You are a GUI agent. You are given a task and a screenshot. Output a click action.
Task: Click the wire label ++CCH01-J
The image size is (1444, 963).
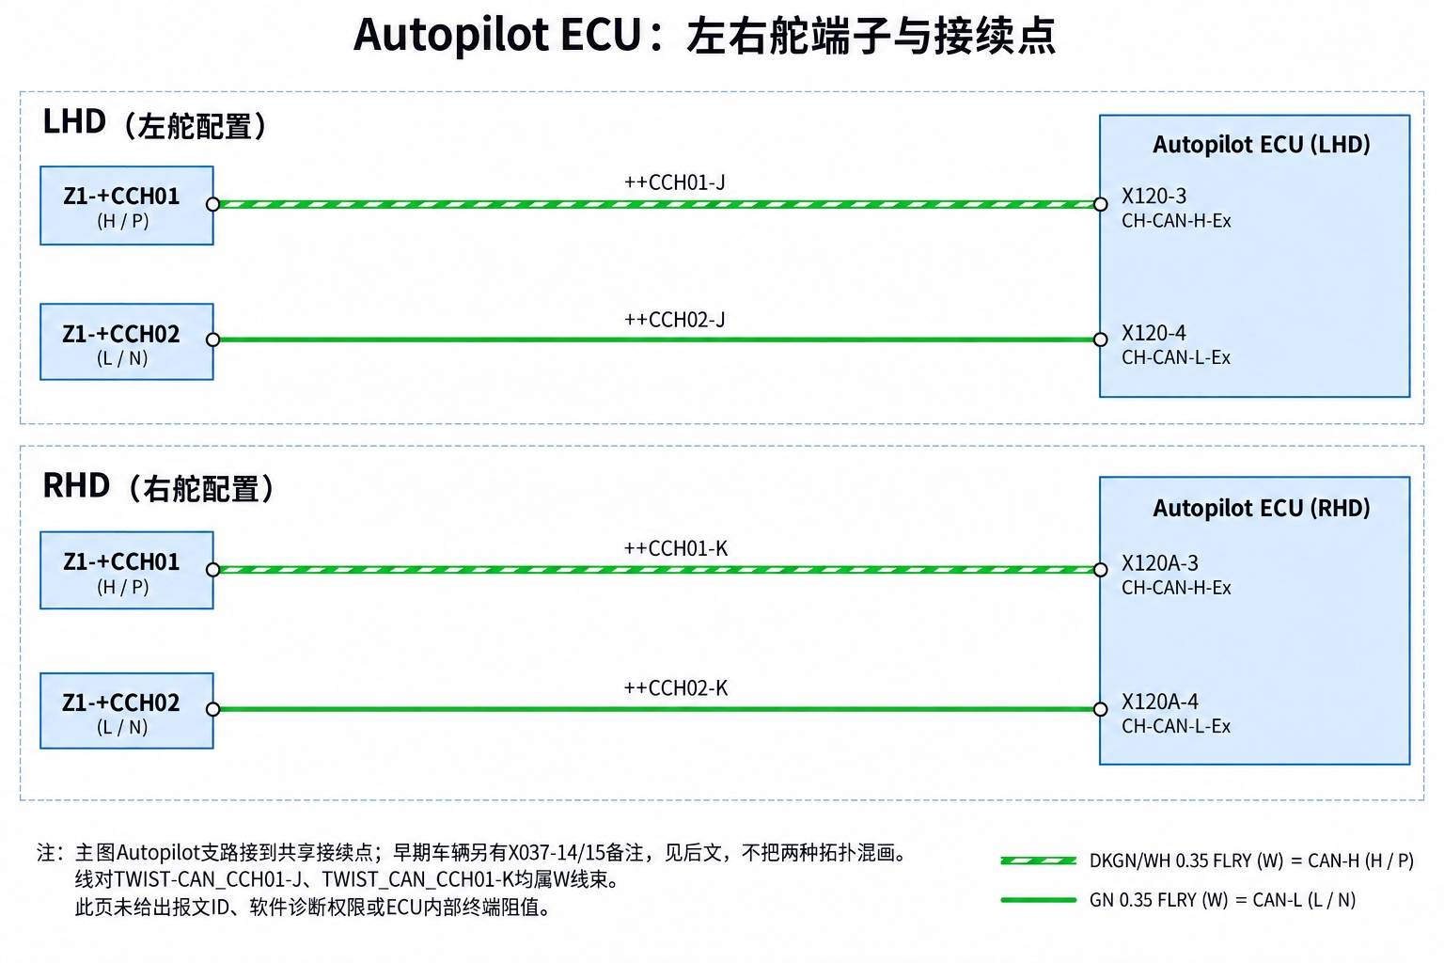tap(674, 182)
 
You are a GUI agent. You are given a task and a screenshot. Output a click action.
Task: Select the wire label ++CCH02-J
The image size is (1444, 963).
tap(674, 320)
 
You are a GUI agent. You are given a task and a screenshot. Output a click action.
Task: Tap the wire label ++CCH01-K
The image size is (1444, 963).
tap(676, 548)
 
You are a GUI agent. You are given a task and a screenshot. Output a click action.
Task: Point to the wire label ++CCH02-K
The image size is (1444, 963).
tap(676, 688)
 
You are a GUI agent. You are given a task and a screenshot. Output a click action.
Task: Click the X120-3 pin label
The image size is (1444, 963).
tap(1154, 197)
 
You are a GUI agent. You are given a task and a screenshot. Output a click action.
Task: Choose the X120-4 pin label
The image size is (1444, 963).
tap(1154, 333)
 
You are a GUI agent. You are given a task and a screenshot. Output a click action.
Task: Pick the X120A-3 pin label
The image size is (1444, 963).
tap(1160, 563)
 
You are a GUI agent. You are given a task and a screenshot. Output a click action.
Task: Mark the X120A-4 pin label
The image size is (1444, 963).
tap(1160, 702)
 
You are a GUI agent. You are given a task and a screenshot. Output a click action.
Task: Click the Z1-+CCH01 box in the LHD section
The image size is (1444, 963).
tap(127, 206)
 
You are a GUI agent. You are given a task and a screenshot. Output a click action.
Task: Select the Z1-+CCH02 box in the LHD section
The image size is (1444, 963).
tap(127, 342)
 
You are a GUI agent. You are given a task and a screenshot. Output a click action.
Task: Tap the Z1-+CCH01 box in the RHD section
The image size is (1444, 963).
tap(127, 570)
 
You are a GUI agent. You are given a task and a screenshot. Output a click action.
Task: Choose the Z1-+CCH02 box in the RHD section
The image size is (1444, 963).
tap(127, 711)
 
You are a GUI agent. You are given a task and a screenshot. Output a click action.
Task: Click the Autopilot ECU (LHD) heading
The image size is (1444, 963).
tap(1261, 145)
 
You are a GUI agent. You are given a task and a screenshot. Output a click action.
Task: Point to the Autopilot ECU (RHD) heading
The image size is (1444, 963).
tap(1261, 508)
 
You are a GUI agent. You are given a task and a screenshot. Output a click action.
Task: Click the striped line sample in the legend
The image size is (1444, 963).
tap(1039, 860)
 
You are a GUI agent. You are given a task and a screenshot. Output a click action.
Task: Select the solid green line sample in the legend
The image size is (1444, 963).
tap(1039, 900)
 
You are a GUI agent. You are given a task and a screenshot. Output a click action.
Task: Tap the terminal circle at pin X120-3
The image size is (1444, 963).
tap(1101, 204)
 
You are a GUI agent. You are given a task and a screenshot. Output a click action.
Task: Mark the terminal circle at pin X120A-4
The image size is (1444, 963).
tap(1101, 709)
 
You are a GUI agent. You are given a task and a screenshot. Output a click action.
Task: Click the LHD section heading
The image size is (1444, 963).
tap(155, 123)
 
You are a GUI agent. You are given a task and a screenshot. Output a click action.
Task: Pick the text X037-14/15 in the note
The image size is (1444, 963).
tap(557, 853)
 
